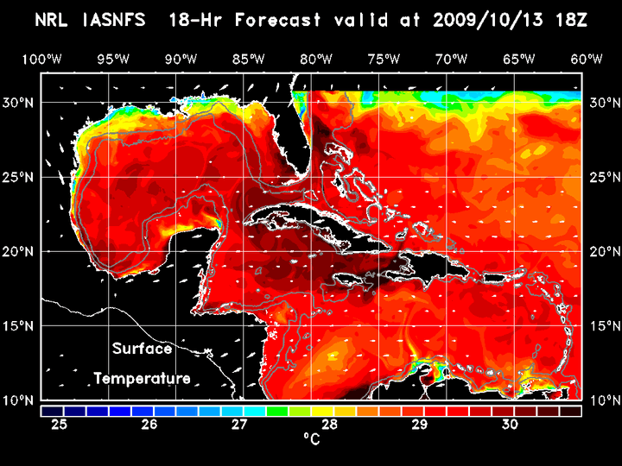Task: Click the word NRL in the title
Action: pyautogui.click(x=54, y=20)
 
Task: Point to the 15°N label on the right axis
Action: pyautogui.click(x=603, y=326)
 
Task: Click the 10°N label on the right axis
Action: pyautogui.click(x=603, y=400)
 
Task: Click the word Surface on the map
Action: pyautogui.click(x=142, y=349)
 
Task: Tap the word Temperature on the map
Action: pyautogui.click(x=142, y=378)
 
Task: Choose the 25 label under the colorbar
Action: pyautogui.click(x=60, y=424)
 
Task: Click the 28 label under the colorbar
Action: pyautogui.click(x=330, y=424)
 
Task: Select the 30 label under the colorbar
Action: pyautogui.click(x=510, y=424)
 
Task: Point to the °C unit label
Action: pyautogui.click(x=311, y=439)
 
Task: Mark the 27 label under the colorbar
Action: pyautogui.click(x=239, y=424)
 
